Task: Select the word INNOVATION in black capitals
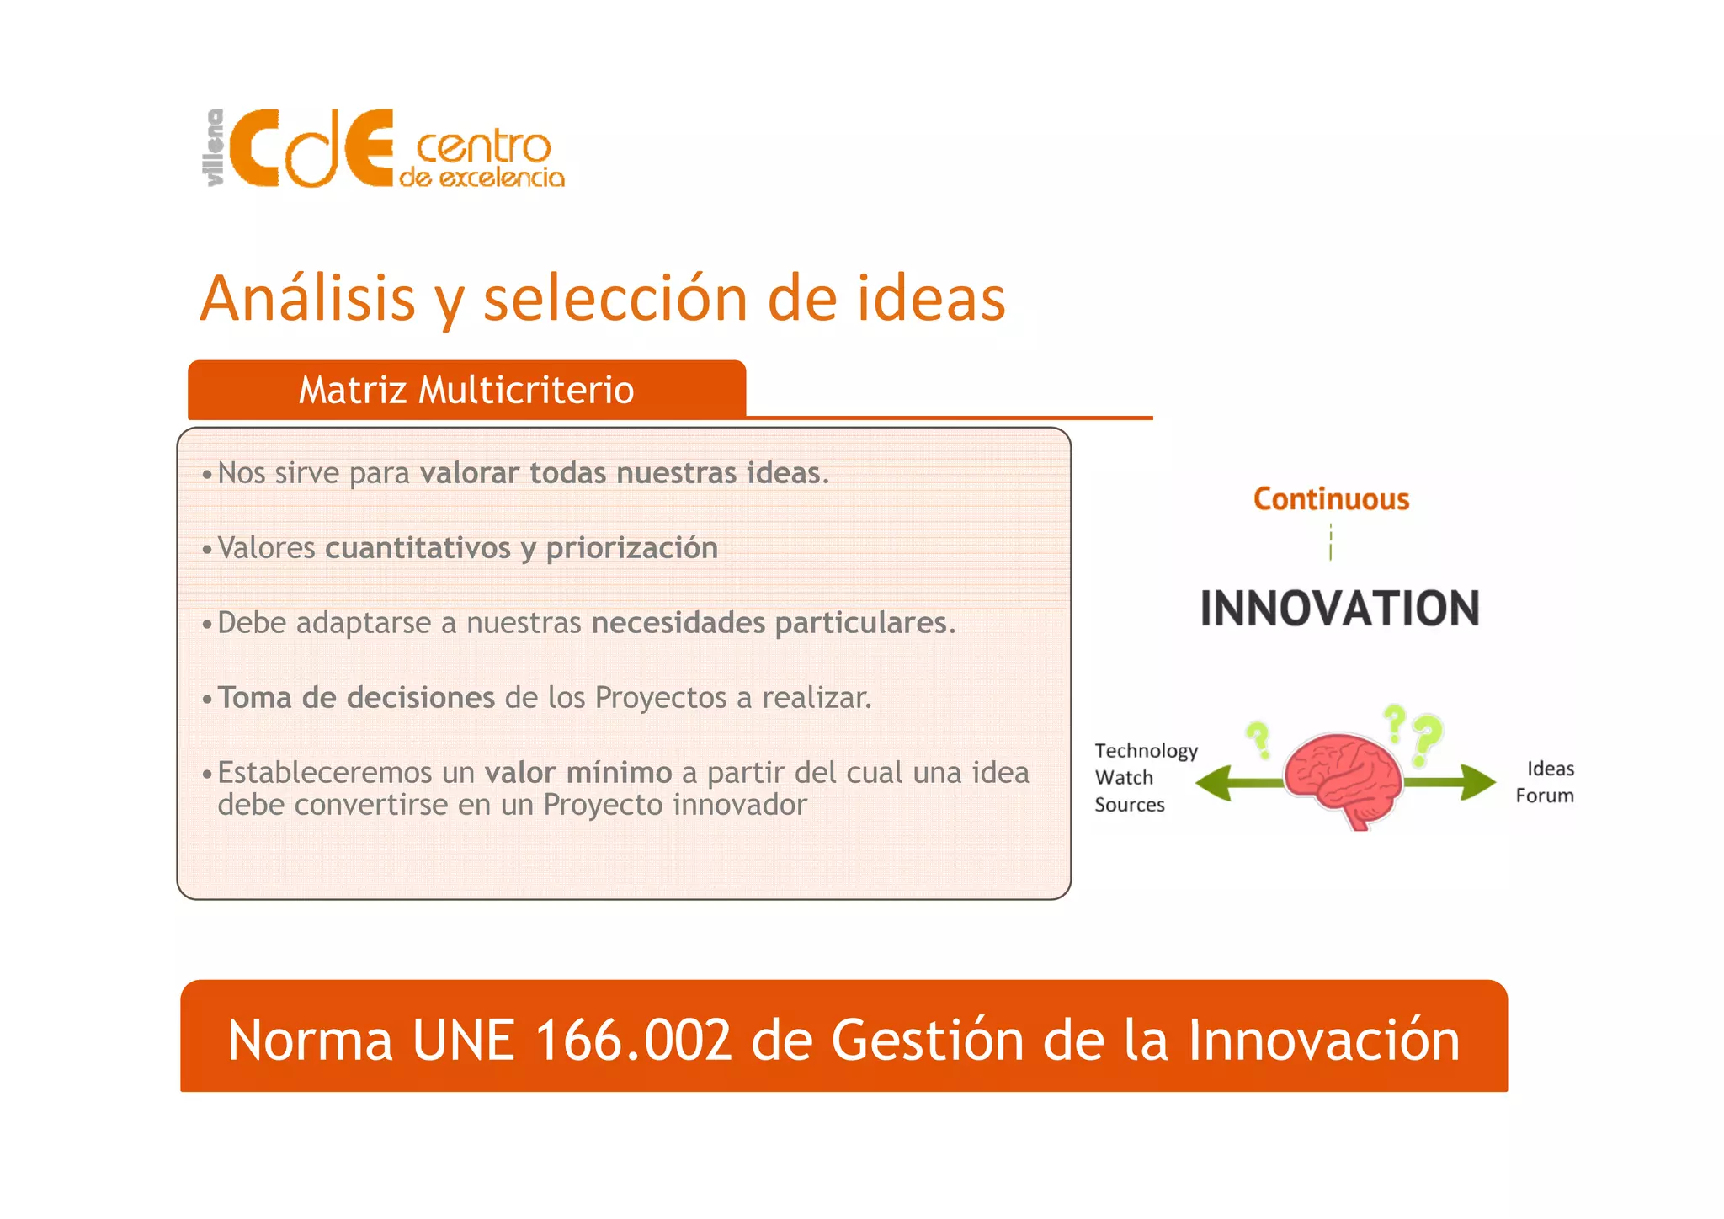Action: click(1339, 609)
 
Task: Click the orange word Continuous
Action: click(1331, 499)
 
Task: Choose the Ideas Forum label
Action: click(1546, 782)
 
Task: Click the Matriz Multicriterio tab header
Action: click(466, 391)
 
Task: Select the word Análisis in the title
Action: click(308, 299)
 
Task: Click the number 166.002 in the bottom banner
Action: click(633, 1041)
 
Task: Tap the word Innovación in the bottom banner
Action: click(1323, 1041)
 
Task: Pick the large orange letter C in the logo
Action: click(255, 150)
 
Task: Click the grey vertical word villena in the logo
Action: click(215, 147)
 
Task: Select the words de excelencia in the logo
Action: click(482, 178)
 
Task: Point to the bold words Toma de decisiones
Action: click(356, 698)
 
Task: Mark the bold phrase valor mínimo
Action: click(577, 773)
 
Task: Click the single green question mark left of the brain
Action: click(1258, 740)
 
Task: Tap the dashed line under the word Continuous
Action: click(1331, 541)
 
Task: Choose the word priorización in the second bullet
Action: click(631, 548)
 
